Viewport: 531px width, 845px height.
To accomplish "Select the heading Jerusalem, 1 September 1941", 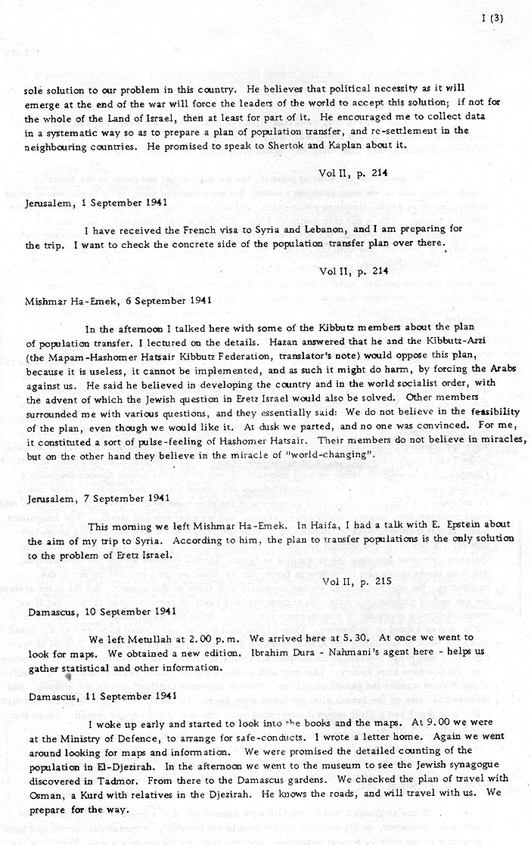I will pos(83,203).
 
